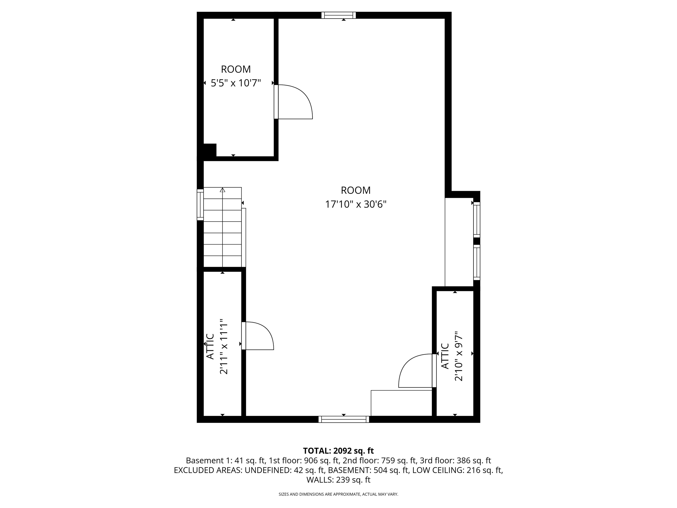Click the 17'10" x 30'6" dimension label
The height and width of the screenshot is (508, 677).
pyautogui.click(x=356, y=204)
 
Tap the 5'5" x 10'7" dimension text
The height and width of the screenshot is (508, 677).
pyautogui.click(x=236, y=83)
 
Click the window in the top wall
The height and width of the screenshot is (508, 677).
pyautogui.click(x=338, y=15)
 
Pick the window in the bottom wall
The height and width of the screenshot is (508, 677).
pyautogui.click(x=344, y=419)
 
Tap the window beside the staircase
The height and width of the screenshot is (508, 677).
pyautogui.click(x=200, y=205)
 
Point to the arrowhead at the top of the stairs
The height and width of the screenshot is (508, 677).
pyautogui.click(x=223, y=190)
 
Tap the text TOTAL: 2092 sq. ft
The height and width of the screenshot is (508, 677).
pyautogui.click(x=338, y=450)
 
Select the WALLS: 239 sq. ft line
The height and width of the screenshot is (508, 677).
pyautogui.click(x=338, y=480)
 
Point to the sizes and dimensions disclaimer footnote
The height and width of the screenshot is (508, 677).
pyautogui.click(x=338, y=494)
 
